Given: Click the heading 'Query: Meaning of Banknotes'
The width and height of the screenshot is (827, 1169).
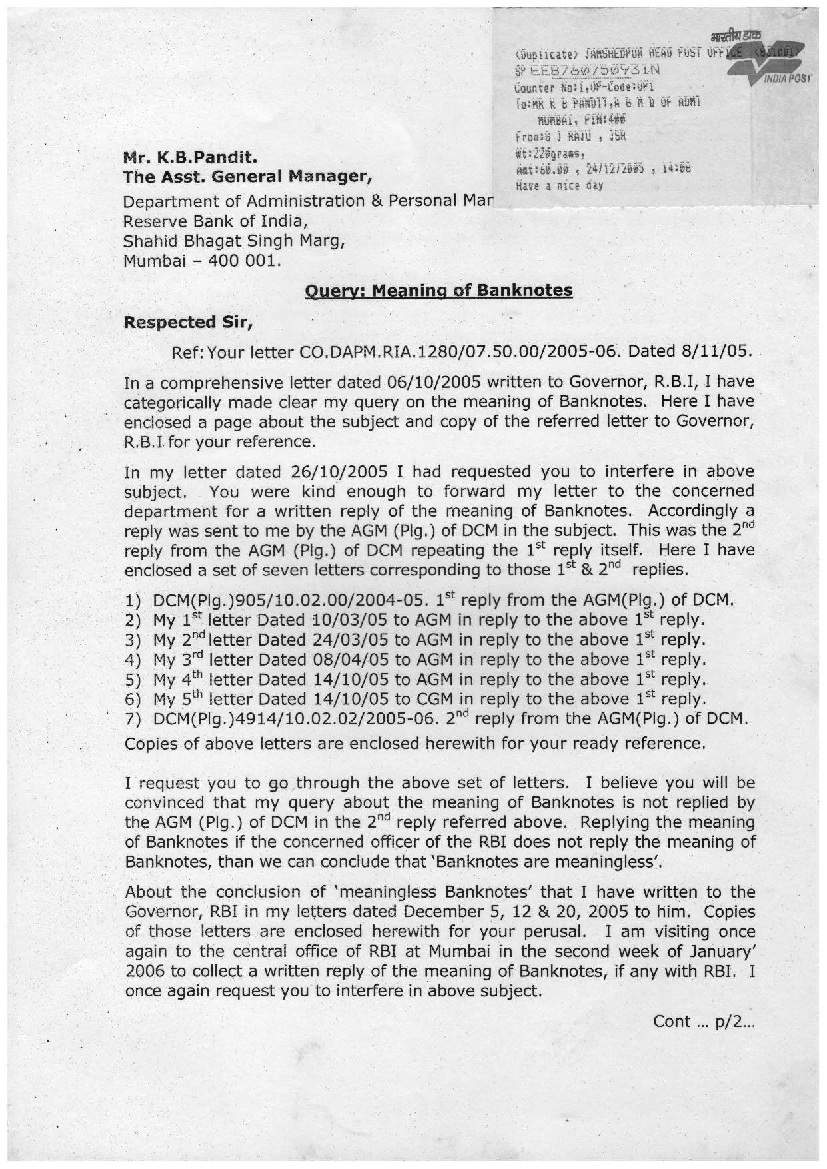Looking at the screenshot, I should [x=438, y=291].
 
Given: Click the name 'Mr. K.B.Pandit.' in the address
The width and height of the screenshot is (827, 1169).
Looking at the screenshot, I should [x=190, y=159].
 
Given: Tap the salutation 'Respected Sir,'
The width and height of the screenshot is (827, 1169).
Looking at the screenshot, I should [x=189, y=323].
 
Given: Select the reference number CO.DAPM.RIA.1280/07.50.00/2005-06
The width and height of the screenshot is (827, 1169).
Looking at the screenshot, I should [x=460, y=351].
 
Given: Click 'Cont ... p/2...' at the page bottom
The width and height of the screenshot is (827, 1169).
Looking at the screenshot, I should [x=703, y=1022].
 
